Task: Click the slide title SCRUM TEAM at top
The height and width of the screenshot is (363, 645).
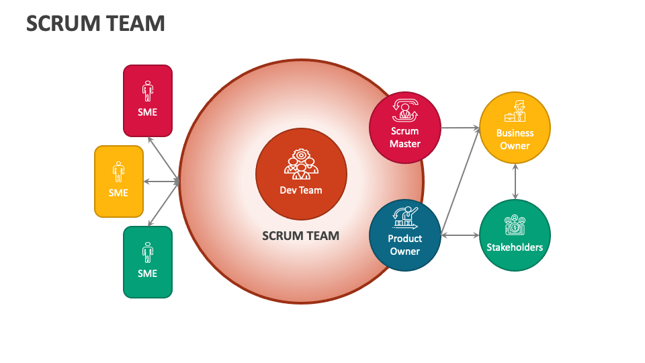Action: coord(95,24)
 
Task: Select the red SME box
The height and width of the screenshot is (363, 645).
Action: coord(148,100)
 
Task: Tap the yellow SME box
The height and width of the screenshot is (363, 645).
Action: coord(119,181)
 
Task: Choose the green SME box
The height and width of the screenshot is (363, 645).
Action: coord(148,261)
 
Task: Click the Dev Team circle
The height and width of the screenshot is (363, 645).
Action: coord(301,175)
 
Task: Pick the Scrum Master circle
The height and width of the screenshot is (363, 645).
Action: coord(405,128)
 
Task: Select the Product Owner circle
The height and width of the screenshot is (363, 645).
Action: coord(405,235)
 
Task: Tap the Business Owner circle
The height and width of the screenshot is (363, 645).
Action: coord(515,128)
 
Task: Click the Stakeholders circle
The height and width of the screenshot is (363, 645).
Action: coord(515,235)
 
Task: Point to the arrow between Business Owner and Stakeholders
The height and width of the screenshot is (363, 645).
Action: coord(515,182)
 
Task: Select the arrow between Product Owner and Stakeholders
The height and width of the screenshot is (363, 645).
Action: coord(460,235)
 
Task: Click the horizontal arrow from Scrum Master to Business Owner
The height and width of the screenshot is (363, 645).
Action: coord(460,127)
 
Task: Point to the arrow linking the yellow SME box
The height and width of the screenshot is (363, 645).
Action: coord(161,182)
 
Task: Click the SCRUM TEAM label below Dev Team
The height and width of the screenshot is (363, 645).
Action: coord(300,236)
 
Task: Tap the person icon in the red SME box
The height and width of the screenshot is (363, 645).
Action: coord(148,90)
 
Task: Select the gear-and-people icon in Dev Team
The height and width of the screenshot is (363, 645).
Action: coord(300,163)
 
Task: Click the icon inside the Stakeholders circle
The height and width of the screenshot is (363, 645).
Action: coord(515,225)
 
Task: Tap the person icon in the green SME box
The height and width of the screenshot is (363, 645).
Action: coord(148,252)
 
